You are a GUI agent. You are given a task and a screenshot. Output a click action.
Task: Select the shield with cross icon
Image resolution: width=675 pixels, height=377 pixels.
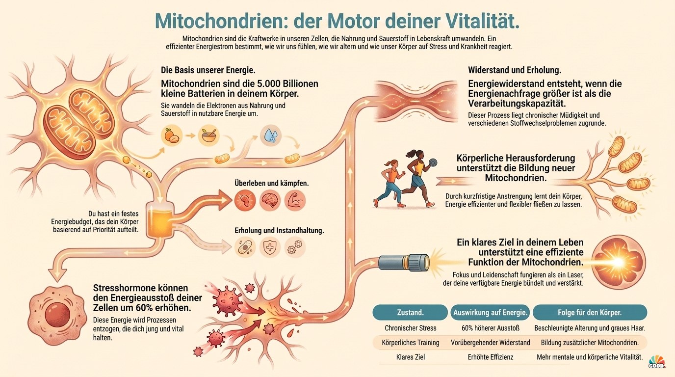pos(270,247)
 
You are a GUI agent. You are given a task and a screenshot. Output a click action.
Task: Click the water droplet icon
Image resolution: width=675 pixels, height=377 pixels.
pos(271,135)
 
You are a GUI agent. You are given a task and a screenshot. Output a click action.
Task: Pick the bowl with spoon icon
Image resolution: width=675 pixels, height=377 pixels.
pos(208,135)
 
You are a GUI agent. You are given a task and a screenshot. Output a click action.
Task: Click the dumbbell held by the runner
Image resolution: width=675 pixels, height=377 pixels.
pos(433,162)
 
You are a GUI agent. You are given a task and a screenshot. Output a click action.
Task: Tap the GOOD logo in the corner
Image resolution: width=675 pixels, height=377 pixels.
pos(657,362)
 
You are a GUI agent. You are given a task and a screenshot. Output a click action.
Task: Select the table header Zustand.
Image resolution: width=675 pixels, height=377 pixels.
pos(410,313)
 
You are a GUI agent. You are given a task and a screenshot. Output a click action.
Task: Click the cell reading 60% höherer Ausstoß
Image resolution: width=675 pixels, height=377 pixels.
pos(490,328)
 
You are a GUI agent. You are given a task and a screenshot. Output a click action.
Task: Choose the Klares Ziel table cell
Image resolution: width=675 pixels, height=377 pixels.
pos(411,357)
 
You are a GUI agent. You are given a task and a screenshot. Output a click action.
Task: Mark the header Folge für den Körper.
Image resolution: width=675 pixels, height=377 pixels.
pos(590,313)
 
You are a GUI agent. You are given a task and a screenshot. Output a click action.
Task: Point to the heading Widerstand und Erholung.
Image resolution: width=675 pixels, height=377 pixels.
pos(515,70)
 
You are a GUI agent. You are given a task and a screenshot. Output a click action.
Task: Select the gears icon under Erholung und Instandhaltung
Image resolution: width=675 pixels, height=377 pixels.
pos(295,247)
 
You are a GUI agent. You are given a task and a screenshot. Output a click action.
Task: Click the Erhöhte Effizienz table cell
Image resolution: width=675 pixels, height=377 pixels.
pos(490,357)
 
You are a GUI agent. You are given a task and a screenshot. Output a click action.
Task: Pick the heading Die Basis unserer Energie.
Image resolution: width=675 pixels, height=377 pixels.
pos(208,70)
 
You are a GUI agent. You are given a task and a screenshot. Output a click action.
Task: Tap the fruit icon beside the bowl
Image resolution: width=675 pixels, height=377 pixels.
pos(172,135)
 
